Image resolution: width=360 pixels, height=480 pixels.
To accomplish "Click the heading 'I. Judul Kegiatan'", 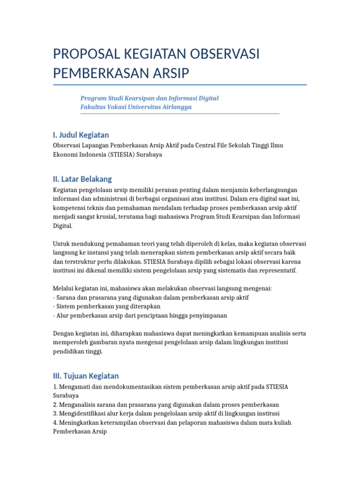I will click(81, 135).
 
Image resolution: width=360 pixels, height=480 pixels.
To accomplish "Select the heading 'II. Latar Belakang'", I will click(82, 179).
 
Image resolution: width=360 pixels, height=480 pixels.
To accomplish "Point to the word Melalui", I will click(63, 289).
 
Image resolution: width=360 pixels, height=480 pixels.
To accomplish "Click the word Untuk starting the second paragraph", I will click(61, 244).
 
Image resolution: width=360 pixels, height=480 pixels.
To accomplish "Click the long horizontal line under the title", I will click(180, 85).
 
